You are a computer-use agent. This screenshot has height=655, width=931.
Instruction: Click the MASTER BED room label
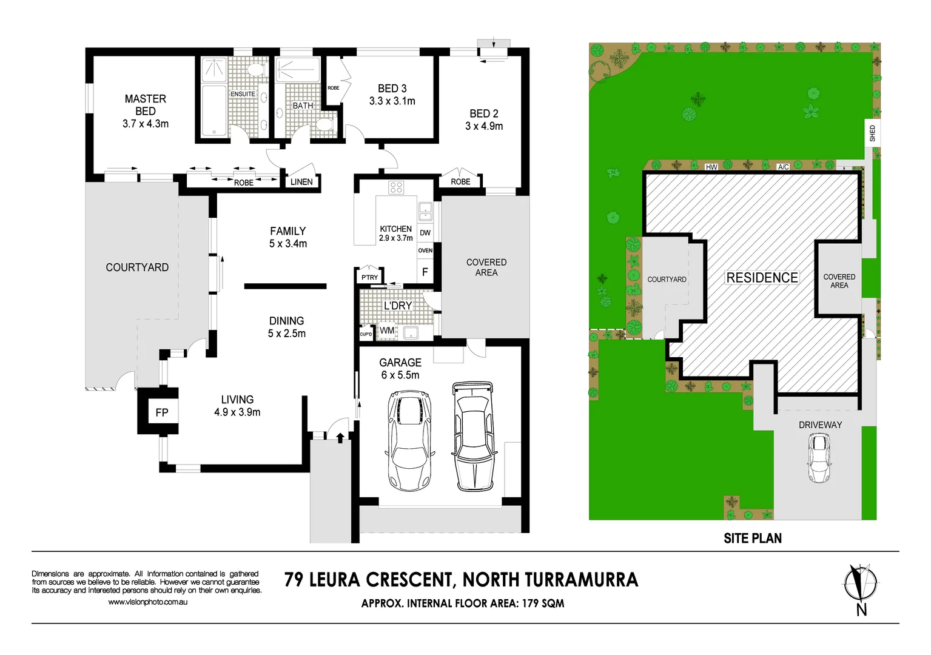coord(145,105)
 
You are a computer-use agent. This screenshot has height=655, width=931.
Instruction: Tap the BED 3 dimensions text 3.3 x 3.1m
coord(392,101)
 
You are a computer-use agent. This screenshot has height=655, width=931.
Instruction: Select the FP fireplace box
coord(161,412)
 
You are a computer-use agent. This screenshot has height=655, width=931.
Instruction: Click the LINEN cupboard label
coord(301,182)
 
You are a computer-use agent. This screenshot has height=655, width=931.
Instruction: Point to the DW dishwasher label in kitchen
coord(425,233)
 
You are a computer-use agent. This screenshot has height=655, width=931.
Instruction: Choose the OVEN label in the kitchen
coord(425,250)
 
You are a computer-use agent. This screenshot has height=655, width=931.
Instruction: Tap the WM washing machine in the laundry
coord(386,331)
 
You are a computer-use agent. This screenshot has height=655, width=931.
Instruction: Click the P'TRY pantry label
coord(369,277)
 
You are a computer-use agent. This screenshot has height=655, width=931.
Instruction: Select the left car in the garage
coord(410,440)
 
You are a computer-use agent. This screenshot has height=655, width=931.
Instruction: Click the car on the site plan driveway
coord(819,458)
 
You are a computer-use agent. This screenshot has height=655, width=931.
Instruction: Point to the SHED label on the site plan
coord(872,133)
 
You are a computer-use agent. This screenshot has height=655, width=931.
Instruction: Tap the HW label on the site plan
coord(711,167)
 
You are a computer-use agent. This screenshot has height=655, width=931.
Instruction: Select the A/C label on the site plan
coord(783,167)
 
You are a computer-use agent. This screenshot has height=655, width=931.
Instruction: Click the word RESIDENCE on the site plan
coord(762,278)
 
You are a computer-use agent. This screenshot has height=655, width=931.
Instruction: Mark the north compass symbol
coord(860,584)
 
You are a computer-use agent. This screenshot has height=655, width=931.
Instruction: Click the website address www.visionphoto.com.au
coord(147,602)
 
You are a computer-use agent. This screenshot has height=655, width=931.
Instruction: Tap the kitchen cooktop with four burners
coord(396,187)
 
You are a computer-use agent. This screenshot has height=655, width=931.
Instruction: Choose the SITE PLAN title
coord(752,539)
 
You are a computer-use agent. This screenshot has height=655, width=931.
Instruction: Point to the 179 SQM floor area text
coord(543,603)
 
